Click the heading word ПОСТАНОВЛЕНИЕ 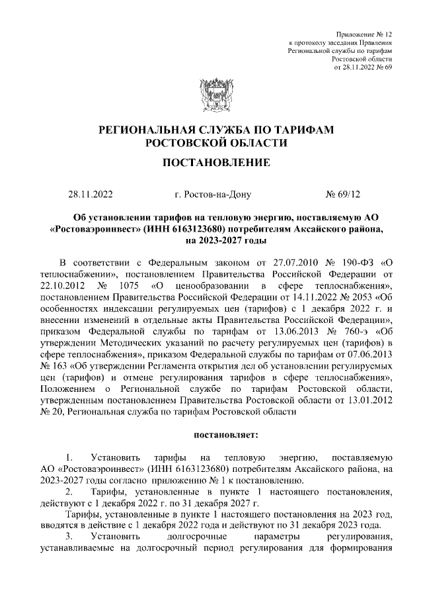(211, 163)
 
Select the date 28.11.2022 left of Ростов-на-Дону (91, 195)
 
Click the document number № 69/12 (344, 195)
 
